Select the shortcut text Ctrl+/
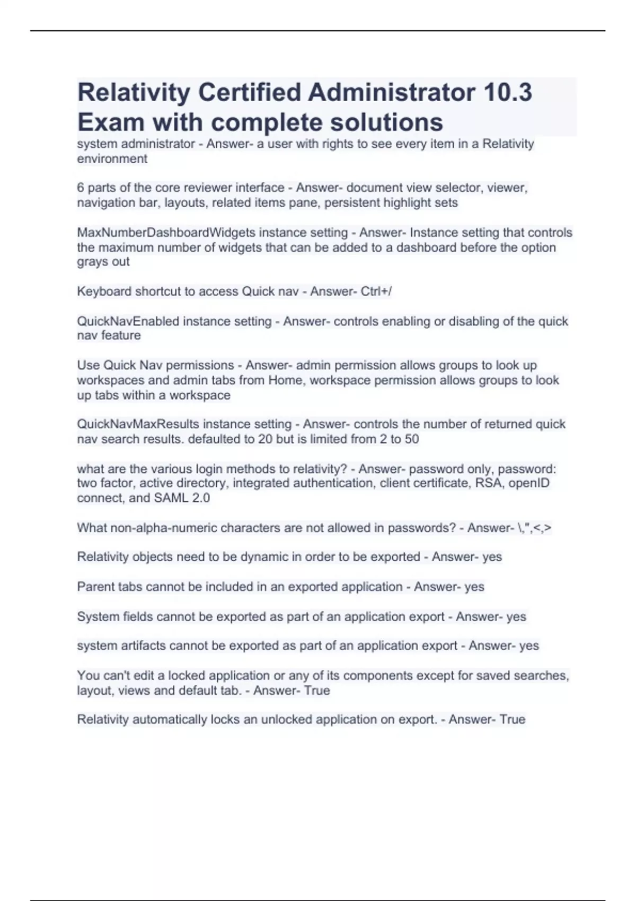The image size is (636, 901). coord(376,291)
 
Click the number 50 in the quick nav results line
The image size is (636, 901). coord(411,439)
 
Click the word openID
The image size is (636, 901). coord(529,483)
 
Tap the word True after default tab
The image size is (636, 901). coord(316,691)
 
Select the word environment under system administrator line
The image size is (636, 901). coord(112,159)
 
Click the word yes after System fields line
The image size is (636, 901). coord(516,616)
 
